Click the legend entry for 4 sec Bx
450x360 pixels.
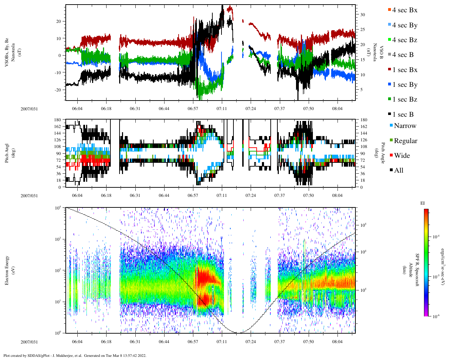coord(404,10)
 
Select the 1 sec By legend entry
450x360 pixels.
coord(404,85)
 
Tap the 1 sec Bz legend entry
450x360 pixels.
coord(404,99)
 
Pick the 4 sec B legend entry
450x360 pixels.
coord(403,55)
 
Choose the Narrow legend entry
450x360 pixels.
coord(405,126)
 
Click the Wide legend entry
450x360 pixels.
coord(401,156)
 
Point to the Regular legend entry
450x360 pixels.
coord(405,141)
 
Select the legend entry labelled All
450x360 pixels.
coord(398,171)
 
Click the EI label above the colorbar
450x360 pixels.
coord(423,203)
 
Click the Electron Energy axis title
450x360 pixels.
coord(7,270)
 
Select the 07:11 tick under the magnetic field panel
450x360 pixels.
coord(221,109)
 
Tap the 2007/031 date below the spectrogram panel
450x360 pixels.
coord(29,342)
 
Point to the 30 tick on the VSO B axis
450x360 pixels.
coord(362,15)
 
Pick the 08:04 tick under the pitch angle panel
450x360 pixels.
coord(337,195)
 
